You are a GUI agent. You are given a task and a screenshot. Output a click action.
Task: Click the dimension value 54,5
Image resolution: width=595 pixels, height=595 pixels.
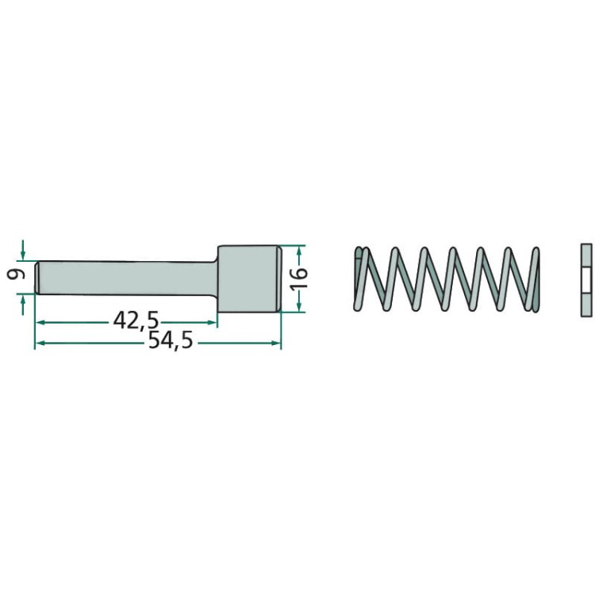click(171, 341)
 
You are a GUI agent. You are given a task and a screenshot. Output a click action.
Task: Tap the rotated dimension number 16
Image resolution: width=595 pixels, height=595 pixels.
click(298, 278)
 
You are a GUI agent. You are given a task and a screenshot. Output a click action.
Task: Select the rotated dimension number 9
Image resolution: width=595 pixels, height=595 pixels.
click(16, 273)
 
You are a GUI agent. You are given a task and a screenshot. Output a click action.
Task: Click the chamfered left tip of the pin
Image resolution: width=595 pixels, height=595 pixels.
click(38, 278)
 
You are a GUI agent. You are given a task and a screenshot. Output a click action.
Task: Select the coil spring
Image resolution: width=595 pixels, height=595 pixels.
click(446, 279)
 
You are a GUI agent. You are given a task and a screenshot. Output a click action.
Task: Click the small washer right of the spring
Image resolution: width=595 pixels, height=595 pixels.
click(586, 280)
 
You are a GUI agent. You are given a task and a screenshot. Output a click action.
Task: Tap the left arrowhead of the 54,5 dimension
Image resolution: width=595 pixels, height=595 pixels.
click(39, 343)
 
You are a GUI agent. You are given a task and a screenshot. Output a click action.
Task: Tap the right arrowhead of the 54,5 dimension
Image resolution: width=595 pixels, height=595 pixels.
click(276, 343)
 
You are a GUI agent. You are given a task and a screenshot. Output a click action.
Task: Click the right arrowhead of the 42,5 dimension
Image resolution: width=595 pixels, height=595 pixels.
click(213, 323)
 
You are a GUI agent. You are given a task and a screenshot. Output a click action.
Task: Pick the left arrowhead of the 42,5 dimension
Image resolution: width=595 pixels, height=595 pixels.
click(40, 323)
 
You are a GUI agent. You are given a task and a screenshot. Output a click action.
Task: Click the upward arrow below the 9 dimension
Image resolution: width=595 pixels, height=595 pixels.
click(23, 305)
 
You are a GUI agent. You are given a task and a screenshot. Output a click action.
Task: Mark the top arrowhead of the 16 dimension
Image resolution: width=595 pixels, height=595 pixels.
click(299, 251)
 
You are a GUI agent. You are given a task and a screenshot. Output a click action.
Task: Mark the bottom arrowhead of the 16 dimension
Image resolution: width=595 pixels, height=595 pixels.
click(299, 307)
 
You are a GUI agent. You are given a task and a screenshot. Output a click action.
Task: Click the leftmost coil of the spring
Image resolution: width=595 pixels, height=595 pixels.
click(359, 279)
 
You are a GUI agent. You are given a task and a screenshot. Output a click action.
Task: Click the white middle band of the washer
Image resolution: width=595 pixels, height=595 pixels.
click(586, 280)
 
